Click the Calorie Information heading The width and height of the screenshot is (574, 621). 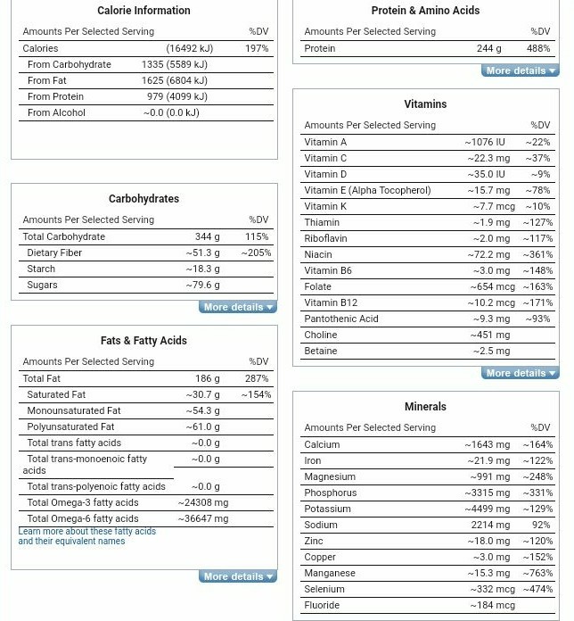click(x=143, y=11)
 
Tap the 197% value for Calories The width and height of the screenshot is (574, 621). click(x=257, y=48)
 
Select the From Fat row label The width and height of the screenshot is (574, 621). click(x=46, y=80)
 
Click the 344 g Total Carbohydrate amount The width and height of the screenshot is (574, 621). click(x=207, y=236)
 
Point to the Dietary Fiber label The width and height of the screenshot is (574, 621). click(x=54, y=253)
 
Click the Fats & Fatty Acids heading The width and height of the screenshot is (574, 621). click(x=143, y=340)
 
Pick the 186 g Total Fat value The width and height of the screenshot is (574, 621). click(x=207, y=378)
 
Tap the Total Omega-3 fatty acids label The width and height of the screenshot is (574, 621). click(x=83, y=502)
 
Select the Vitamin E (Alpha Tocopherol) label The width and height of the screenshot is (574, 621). click(x=367, y=190)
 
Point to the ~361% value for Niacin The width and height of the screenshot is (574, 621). click(x=537, y=254)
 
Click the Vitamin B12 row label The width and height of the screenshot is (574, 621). click(x=331, y=302)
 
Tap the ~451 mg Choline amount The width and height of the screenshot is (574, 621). click(x=490, y=335)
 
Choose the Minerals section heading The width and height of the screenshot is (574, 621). click(x=425, y=406)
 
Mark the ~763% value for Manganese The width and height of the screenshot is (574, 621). click(x=537, y=573)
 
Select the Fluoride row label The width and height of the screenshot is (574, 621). click(x=322, y=605)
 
